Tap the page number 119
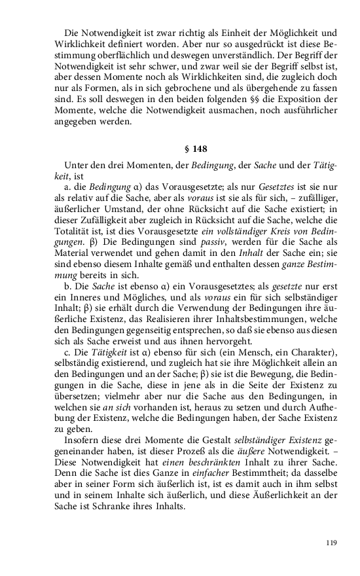pos(332,543)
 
